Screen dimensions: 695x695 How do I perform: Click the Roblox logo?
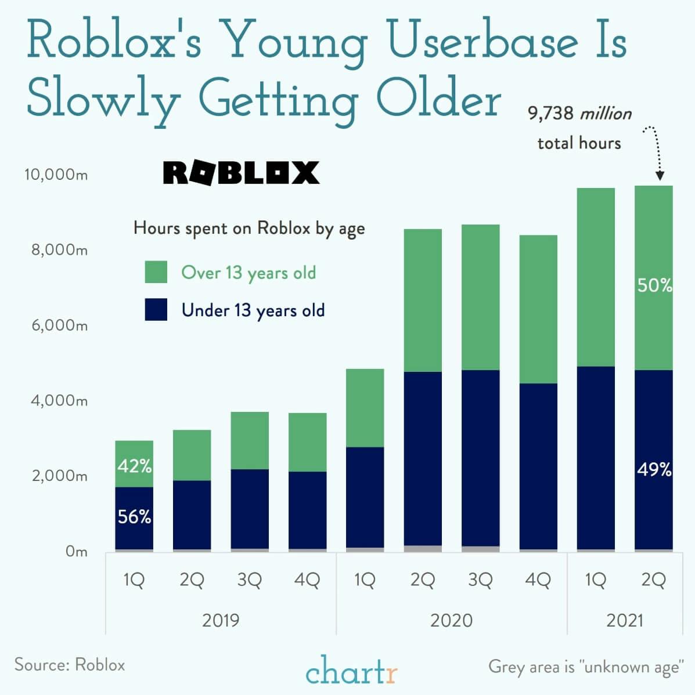coord(241,172)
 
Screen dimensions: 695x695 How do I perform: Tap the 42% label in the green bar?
coord(134,465)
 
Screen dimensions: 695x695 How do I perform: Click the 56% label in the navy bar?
coord(134,516)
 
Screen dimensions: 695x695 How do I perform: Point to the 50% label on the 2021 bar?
coord(654,285)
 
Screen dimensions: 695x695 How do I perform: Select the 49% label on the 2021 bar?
coord(654,469)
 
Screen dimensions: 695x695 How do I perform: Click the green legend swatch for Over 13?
coord(156,272)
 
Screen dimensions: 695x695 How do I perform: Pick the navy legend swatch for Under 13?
coord(156,310)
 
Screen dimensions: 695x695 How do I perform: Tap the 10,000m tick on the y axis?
coord(56,175)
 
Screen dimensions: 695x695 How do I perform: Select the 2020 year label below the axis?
coord(451,620)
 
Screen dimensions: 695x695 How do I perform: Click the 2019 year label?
coord(221,620)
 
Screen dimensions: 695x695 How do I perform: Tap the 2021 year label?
coord(625,620)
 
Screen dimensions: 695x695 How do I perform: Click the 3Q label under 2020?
coord(480,580)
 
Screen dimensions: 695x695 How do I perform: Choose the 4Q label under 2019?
coord(307,580)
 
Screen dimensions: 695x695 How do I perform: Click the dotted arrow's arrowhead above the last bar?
coord(659,176)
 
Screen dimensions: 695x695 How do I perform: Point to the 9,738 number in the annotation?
coord(550,113)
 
